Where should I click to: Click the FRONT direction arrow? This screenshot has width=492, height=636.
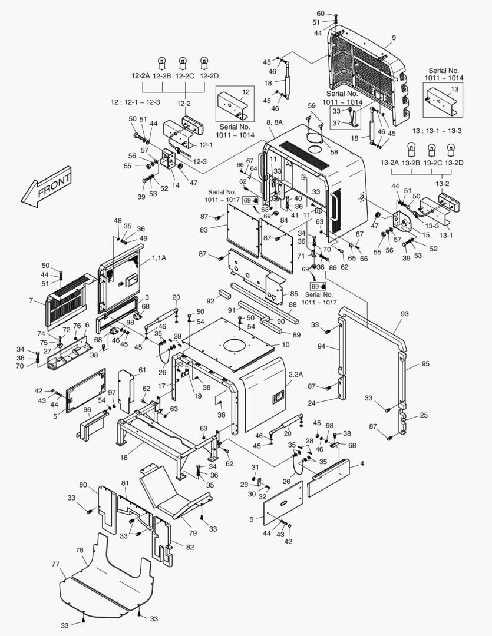[46, 187]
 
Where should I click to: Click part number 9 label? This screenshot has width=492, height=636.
[394, 38]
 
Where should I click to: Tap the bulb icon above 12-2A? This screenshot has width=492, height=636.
[162, 64]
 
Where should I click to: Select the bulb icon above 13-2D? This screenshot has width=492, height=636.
[450, 150]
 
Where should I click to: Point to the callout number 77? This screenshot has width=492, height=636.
[55, 564]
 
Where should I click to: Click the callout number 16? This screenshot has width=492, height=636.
[124, 457]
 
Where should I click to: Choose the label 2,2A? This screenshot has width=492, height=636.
[295, 374]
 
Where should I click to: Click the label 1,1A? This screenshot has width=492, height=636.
[159, 257]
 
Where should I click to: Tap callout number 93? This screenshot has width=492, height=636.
[404, 313]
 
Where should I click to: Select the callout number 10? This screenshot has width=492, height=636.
[286, 344]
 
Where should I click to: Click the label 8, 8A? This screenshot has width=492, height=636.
[275, 122]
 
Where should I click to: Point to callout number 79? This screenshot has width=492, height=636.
[193, 532]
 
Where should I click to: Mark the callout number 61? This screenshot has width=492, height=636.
[142, 370]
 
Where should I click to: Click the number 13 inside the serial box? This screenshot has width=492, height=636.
[454, 89]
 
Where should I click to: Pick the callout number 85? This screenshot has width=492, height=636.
[294, 293]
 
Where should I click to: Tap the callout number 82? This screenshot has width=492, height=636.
[190, 547]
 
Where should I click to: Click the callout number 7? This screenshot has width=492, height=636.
[31, 300]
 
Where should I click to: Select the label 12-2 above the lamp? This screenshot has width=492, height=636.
[183, 104]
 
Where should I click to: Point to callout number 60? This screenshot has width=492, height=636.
[321, 14]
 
